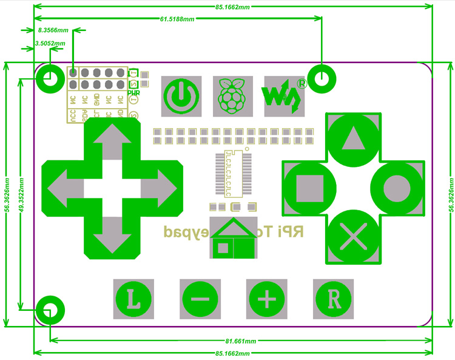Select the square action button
pos(309,187)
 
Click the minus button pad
pos(201,299)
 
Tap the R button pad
pos(333,299)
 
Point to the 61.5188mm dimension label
pos(177,19)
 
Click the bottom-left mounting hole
pos(49,309)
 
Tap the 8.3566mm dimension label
pos(53,29)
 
